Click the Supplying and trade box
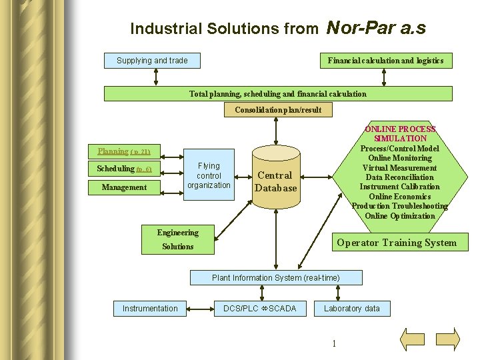tap(152, 61)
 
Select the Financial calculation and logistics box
tap(385, 61)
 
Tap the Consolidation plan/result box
tap(277, 110)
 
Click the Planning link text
tap(113, 151)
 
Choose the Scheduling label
tap(115, 169)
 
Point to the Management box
tap(124, 187)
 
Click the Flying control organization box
tap(209, 175)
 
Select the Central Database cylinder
tap(275, 181)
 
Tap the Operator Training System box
tap(397, 243)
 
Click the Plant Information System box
tap(275, 277)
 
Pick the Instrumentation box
tap(150, 308)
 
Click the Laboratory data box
tap(351, 308)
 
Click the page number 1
tap(333, 343)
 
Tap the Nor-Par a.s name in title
tap(376, 28)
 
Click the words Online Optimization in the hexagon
tap(400, 216)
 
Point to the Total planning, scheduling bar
tap(277, 94)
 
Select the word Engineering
tap(177, 233)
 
